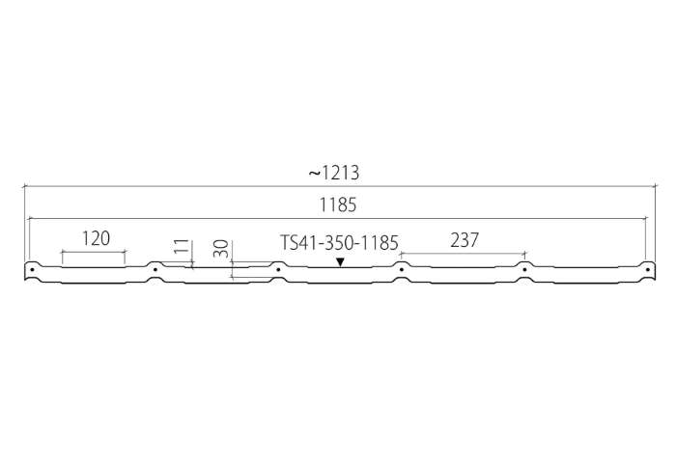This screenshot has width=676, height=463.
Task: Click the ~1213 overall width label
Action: coord(334,173)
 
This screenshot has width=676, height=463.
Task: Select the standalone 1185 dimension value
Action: coord(338,205)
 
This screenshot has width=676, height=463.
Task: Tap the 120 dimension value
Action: coord(96,238)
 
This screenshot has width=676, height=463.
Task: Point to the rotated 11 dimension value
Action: coord(183,246)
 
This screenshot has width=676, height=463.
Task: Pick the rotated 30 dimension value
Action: coord(221,249)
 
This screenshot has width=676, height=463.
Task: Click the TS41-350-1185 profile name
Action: coord(339,243)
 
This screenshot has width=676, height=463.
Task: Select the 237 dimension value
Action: coord(465,240)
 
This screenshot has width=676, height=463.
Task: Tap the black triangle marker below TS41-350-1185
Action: coord(340,261)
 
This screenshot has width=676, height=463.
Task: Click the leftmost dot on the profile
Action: coord(32,270)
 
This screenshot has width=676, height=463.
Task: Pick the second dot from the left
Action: coord(155,270)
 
